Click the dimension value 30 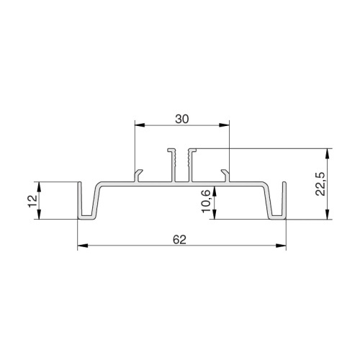[x=182, y=120]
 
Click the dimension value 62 [x=179, y=240]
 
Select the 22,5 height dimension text [x=320, y=184]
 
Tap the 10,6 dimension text [x=206, y=201]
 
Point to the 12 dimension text [x=32, y=201]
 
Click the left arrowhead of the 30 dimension [x=140, y=125]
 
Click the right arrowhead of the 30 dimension [x=224, y=125]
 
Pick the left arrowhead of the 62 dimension [x=83, y=246]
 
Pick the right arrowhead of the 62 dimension [x=281, y=246]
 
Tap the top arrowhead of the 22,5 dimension [x=327, y=154]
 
